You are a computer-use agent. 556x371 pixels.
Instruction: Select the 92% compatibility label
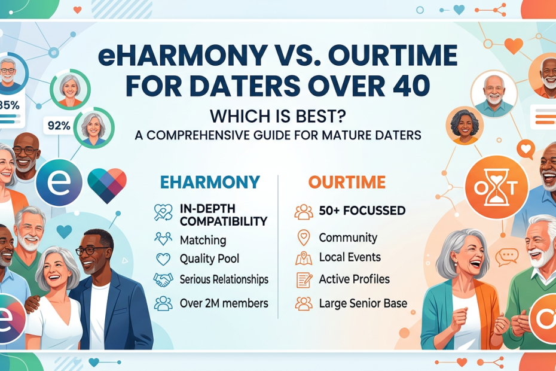tap(59, 126)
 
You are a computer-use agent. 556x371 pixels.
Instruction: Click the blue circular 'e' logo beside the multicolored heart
tap(59, 182)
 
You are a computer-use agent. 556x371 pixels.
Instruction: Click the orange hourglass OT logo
tap(496, 187)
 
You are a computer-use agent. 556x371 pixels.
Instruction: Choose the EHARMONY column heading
tap(210, 182)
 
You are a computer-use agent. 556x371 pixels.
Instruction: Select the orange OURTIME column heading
tap(347, 182)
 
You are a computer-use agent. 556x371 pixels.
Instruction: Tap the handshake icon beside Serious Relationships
tap(163, 280)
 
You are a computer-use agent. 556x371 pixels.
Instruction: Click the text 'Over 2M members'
tap(224, 303)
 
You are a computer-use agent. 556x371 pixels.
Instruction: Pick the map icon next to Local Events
tap(304, 258)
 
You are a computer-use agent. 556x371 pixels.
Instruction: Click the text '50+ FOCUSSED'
tap(362, 211)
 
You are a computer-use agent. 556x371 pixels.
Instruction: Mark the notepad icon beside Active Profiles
tap(304, 280)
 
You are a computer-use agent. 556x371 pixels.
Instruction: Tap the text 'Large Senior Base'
tap(363, 303)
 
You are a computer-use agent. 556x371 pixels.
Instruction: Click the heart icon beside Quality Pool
tap(163, 259)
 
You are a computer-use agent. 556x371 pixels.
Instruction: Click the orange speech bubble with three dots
tap(507, 257)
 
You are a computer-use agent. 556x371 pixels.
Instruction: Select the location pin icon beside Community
tap(304, 238)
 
